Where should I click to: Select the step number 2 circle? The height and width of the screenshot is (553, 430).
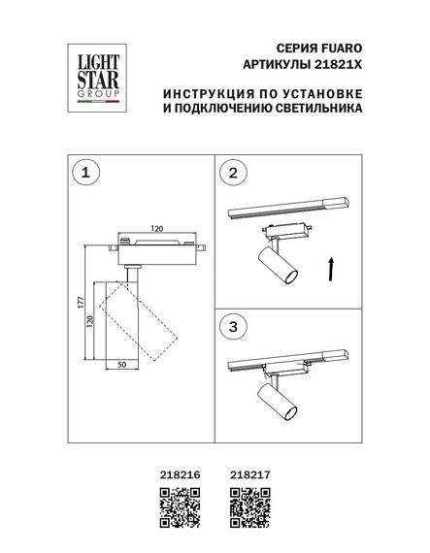pos(232,175)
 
